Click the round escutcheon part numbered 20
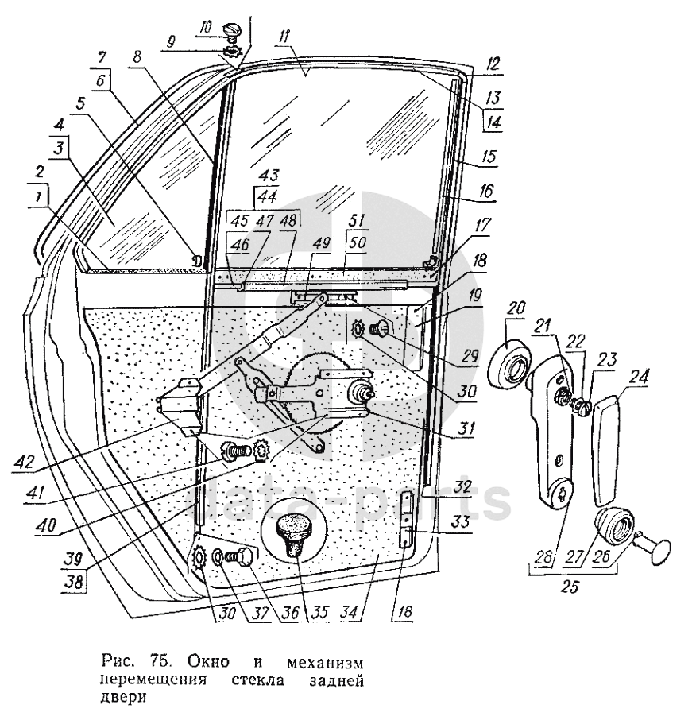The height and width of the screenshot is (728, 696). [510, 366]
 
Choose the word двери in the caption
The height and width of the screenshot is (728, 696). [117, 699]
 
